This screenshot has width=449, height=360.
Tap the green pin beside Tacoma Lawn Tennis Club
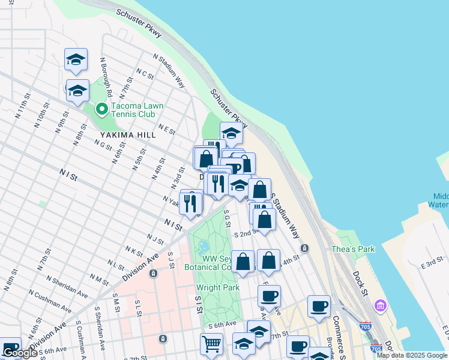pyautogui.click(x=101, y=109)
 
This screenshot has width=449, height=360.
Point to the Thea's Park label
pyautogui.click(x=354, y=249)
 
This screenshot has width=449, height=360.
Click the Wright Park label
pyautogui.click(x=218, y=287)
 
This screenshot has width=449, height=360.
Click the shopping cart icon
pyautogui.click(x=211, y=344)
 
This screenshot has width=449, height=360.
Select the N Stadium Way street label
pyautogui.click(x=169, y=71)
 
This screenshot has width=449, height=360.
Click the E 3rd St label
pyautogui.click(x=431, y=264)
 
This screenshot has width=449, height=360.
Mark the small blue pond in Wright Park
pyautogui.click(x=203, y=246)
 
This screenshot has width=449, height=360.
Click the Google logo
pyautogui.click(x=20, y=353)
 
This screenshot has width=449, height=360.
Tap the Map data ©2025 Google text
pyautogui.click(x=412, y=355)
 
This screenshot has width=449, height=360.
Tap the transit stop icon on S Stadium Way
pyautogui.click(x=304, y=248)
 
